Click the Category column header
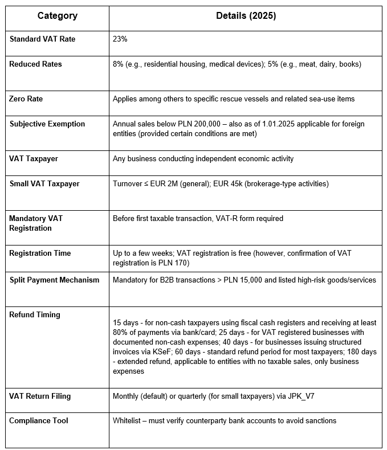tap(58, 16)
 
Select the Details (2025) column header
tap(246, 16)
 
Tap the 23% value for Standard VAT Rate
tap(120, 39)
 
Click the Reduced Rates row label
tap(35, 64)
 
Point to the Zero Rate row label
tap(26, 99)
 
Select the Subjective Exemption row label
tap(47, 124)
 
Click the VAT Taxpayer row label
tap(34, 159)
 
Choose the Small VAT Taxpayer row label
tap(44, 184)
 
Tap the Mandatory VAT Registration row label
tap(35, 223)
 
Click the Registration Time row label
tap(40, 253)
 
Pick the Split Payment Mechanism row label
tap(54, 280)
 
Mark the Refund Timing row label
tap(35, 315)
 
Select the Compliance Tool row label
tap(39, 421)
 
